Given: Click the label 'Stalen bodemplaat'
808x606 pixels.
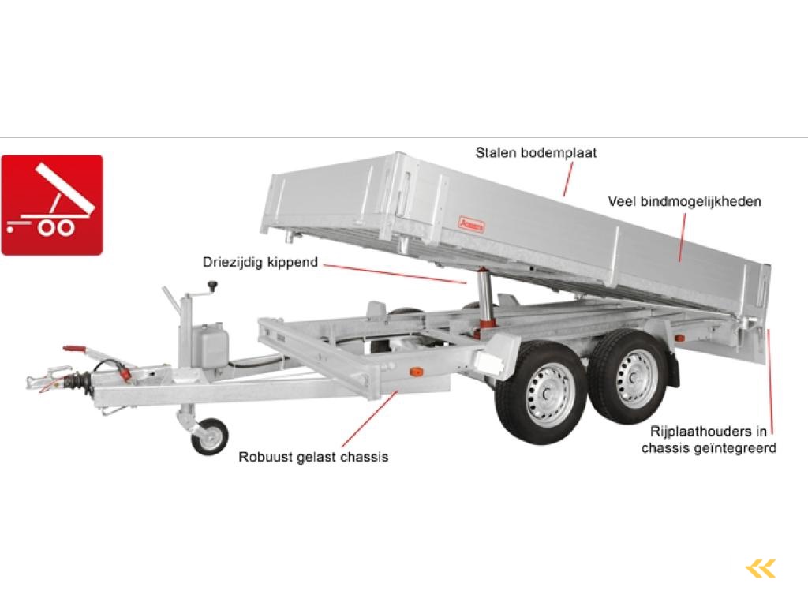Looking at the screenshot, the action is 536,153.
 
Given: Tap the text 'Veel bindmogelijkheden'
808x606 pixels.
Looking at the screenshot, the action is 684,201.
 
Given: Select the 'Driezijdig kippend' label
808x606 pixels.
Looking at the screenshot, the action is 260,262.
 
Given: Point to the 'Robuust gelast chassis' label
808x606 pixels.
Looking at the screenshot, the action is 313,457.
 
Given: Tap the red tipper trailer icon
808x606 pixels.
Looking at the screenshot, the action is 52,205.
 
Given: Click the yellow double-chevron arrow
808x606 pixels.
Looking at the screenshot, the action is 760,569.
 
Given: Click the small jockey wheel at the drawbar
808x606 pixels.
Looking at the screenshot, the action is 208,436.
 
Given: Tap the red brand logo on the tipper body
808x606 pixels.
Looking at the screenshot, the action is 471,224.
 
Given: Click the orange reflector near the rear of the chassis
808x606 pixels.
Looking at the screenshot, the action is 679,339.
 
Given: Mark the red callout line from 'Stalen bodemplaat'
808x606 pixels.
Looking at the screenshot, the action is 568,179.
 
